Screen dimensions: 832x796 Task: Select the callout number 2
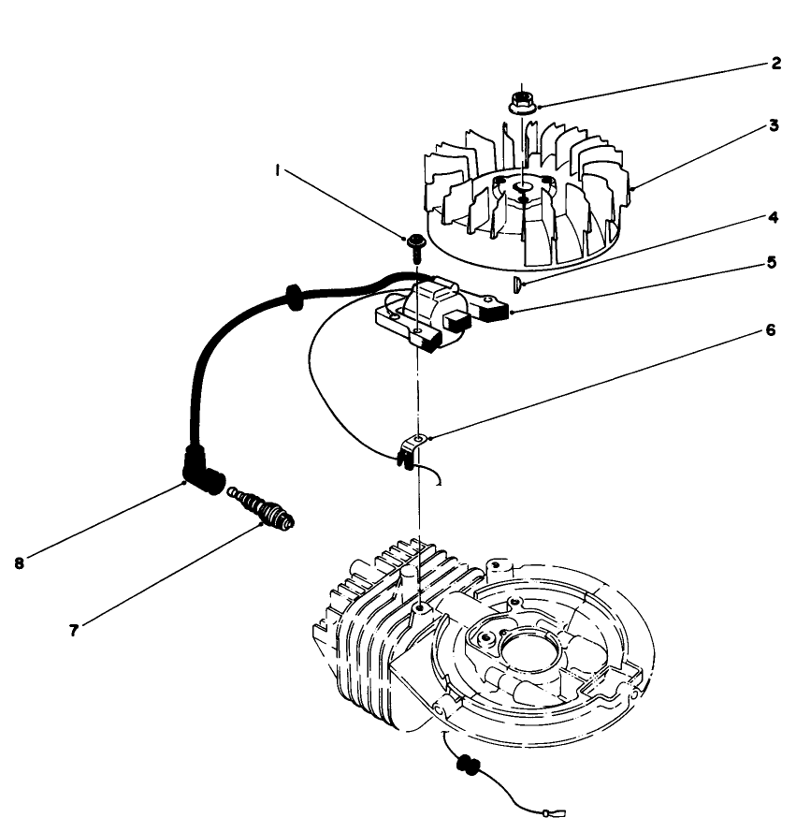coord(775,64)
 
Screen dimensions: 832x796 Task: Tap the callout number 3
coord(774,125)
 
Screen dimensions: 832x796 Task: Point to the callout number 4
coord(774,217)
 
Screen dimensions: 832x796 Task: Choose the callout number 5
coord(772,263)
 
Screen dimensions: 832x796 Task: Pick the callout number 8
coord(20,563)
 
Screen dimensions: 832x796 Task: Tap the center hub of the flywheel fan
coord(523,194)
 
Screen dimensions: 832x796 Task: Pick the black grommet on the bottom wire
coord(467,765)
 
